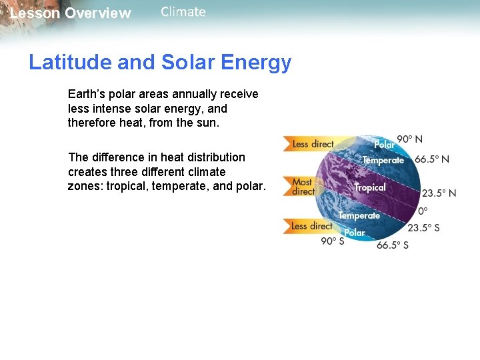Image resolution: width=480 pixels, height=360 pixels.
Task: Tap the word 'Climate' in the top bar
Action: point(183,12)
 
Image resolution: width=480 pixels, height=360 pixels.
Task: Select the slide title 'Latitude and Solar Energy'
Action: point(160,63)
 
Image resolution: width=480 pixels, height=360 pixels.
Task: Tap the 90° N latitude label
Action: point(410,139)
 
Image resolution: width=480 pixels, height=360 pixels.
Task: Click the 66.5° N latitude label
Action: point(432,160)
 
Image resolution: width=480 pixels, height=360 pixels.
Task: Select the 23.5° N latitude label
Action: point(439,193)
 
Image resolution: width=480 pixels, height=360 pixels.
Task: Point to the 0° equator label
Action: point(423,211)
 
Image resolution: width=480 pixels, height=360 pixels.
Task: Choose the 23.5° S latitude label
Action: point(423,228)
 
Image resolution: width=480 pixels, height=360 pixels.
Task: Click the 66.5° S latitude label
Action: point(393,245)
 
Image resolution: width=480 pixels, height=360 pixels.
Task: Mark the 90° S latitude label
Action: point(333,241)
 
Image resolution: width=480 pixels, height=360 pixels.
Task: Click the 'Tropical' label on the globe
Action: point(370,188)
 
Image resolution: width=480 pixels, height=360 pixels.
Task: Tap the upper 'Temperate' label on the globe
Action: point(383,161)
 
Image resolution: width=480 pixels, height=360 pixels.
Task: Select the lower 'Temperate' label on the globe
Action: point(359,215)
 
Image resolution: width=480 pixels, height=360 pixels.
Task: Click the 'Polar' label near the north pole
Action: point(384,145)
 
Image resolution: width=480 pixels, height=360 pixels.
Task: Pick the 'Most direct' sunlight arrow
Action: point(303,187)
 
